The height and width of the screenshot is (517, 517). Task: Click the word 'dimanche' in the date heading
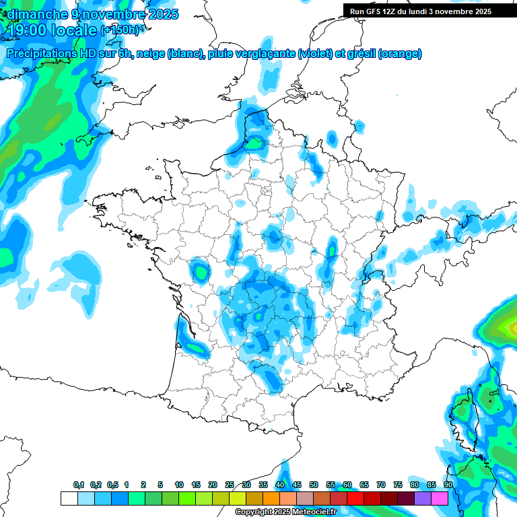pos(34,14)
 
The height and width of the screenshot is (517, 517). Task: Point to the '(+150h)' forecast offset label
pos(121,30)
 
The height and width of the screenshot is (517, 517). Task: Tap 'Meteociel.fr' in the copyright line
pos(314,512)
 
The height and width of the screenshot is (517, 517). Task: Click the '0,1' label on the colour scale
pos(78,485)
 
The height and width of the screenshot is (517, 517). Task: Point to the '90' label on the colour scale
pos(448,485)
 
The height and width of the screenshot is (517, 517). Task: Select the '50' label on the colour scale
pos(314,485)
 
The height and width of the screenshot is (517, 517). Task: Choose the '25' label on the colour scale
pos(230,485)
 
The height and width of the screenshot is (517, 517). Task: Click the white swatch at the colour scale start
pos(69,498)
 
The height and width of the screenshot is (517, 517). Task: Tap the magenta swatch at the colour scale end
pos(440,498)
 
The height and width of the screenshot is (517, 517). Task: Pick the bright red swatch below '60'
pos(355,498)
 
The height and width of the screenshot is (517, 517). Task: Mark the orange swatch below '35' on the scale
pos(271,498)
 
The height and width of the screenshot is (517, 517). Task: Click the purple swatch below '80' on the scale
pos(423,498)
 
